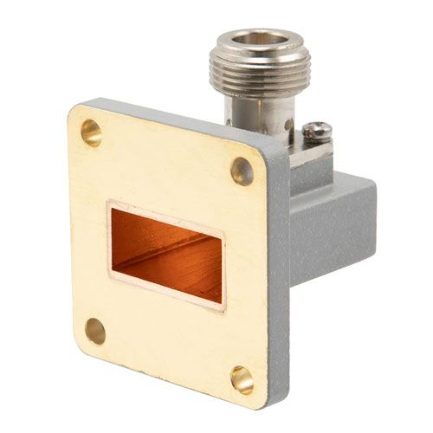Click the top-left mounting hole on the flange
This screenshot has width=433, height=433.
click(x=90, y=132)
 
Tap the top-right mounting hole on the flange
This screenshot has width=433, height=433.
click(x=242, y=168)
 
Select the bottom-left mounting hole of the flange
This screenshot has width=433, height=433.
click(x=95, y=331)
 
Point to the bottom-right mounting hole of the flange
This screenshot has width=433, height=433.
click(x=242, y=378)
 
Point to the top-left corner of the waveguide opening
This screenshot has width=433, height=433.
click(x=111, y=205)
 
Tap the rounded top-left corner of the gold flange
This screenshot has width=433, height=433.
click(x=74, y=111)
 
